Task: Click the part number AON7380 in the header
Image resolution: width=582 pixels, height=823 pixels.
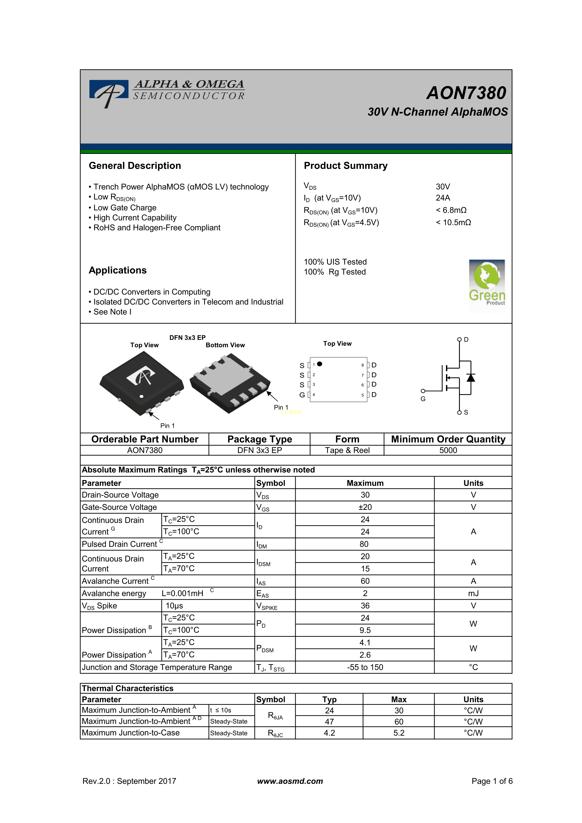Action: (x=466, y=93)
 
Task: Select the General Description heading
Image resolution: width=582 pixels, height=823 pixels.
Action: (x=135, y=166)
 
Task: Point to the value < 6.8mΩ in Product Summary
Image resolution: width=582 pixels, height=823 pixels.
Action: (x=451, y=210)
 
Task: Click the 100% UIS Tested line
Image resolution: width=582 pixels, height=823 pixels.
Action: (x=335, y=262)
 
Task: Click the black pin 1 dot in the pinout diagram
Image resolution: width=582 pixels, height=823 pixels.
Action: (x=319, y=364)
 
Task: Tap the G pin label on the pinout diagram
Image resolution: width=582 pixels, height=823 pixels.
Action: (x=302, y=395)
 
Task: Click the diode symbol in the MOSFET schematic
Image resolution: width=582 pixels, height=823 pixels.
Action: (x=471, y=377)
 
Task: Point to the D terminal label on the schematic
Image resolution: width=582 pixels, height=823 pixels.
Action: (x=466, y=339)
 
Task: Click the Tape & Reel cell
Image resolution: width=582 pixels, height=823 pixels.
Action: (x=347, y=450)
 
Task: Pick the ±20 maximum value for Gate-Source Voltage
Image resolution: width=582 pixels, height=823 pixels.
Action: (x=365, y=507)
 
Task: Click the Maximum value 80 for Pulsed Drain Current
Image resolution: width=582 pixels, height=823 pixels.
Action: (x=364, y=544)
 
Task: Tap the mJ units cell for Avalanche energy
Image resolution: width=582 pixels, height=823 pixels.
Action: (x=473, y=594)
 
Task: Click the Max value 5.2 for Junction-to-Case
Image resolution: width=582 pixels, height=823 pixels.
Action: (x=399, y=733)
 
